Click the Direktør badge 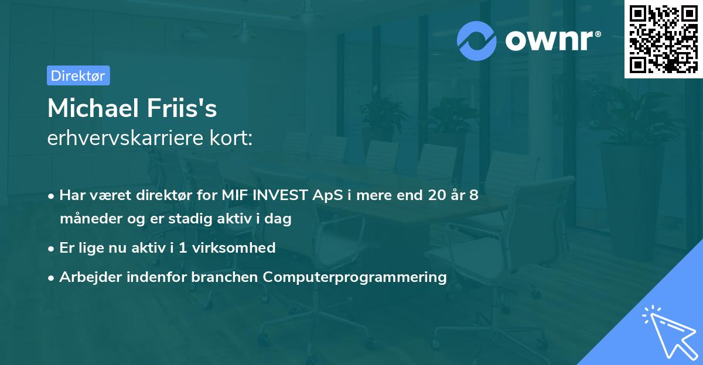[x=78, y=75]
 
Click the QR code [x=663, y=39]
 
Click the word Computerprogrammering [x=355, y=277]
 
